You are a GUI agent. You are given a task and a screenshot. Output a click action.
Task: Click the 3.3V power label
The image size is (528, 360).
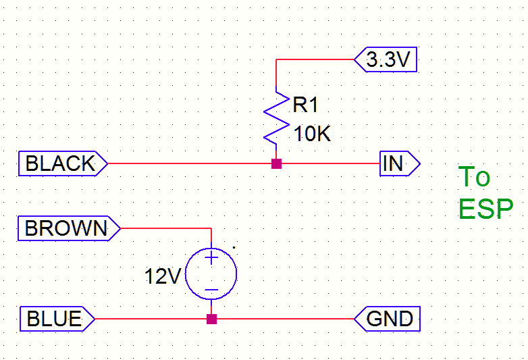pos(387,61)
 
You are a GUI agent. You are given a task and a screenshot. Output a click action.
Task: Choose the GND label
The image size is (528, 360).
pos(388,318)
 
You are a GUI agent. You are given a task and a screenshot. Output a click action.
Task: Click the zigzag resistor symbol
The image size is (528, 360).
pos(276,116)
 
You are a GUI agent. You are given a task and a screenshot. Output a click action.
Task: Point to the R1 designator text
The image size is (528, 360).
pos(305,105)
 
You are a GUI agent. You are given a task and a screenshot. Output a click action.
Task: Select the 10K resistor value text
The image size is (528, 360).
pos(312,134)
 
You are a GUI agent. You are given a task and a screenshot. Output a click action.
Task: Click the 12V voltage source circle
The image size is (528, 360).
pos(211,274)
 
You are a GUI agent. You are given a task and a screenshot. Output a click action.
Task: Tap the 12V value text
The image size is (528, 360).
pos(163,276)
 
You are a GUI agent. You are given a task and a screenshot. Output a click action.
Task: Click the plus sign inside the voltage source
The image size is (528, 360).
pos(211,257)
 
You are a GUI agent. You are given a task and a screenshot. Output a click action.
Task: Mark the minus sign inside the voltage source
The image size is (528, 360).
pos(211,291)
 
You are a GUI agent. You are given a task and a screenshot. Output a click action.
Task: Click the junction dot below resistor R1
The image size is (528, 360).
pos(276,163)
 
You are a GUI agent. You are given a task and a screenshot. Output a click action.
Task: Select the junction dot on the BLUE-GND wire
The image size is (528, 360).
pos(211,318)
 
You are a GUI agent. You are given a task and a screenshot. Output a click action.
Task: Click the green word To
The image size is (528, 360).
pos(474,177)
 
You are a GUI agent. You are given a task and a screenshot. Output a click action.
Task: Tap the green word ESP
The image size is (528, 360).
pos(485,209)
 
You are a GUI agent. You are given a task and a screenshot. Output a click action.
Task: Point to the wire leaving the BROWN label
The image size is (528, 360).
pos(165,228)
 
